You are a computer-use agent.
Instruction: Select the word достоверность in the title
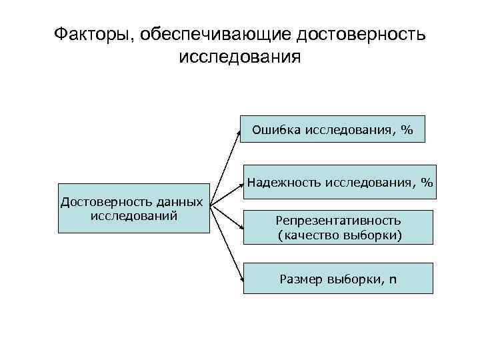(361, 33)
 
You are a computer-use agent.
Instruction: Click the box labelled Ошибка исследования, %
(332, 131)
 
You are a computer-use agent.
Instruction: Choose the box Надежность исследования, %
(339, 181)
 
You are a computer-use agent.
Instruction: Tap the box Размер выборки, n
(338, 278)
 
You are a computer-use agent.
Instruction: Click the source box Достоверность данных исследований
(133, 208)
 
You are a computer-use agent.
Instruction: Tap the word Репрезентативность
(338, 220)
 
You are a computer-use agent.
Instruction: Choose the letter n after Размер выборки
(392, 279)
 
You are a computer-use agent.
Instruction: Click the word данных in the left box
(179, 201)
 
